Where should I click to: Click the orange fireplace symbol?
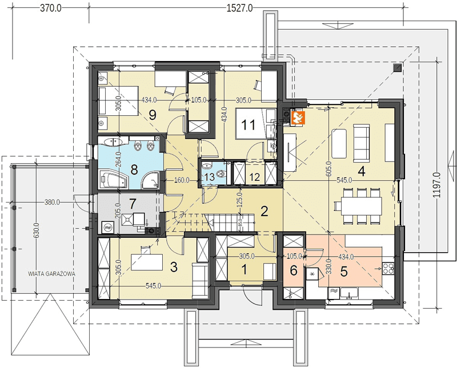pyautogui.click(x=298, y=118)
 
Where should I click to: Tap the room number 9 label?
pyautogui.click(x=153, y=115)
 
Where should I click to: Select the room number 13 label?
pyautogui.click(x=209, y=177)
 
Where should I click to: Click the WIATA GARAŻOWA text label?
pyautogui.click(x=51, y=274)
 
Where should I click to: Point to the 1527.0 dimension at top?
pyautogui.click(x=240, y=8)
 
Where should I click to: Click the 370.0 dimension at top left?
pyautogui.click(x=50, y=8)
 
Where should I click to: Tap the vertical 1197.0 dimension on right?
pyautogui.click(x=436, y=185)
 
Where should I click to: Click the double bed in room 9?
pyautogui.click(x=118, y=101)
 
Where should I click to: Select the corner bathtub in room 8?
pyautogui.click(x=114, y=180)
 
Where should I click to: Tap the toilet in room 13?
pyautogui.click(x=222, y=174)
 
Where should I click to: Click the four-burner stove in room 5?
pyautogui.click(x=388, y=268)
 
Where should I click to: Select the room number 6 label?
pyautogui.click(x=294, y=271)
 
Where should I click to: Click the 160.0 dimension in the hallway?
pyautogui.click(x=181, y=180)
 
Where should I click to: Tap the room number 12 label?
pyautogui.click(x=255, y=177)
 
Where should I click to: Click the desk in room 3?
pyautogui.click(x=147, y=262)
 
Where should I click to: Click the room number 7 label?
pyautogui.click(x=133, y=204)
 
